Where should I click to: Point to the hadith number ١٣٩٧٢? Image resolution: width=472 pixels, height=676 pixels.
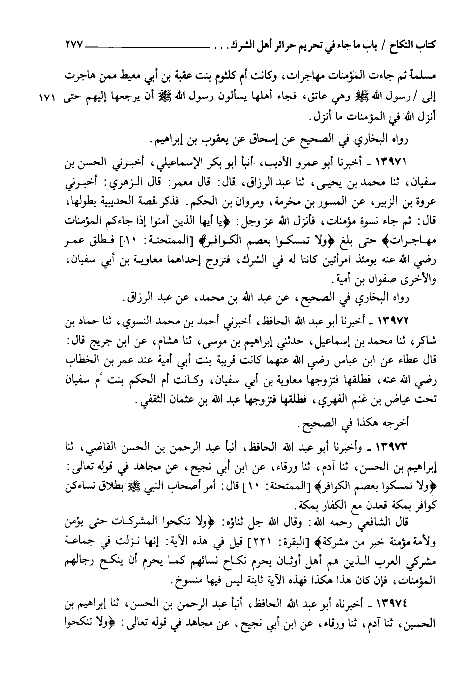[x=387, y=322]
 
